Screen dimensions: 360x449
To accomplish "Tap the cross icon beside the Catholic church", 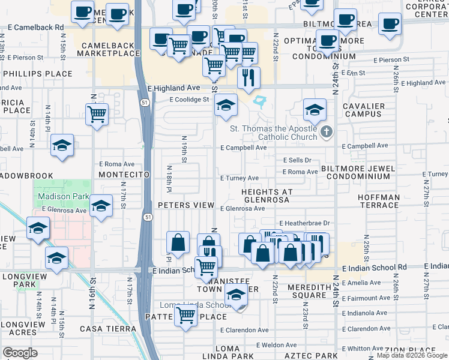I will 326,132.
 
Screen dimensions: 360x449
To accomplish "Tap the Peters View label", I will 186,205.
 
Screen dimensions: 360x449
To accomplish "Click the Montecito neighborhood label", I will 123,174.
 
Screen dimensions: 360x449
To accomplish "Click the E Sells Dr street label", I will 297,160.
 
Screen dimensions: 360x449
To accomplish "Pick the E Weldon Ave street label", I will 276,345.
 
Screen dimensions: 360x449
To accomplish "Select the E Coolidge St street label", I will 188,100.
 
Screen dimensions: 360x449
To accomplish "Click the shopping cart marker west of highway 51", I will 97,113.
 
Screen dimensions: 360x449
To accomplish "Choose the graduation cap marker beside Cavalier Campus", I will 315,110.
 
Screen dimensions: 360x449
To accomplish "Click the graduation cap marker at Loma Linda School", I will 237,296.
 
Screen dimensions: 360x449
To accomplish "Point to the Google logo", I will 20,353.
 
